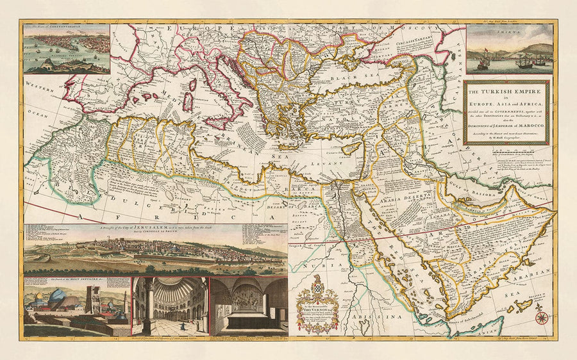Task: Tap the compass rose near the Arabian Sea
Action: [x=542, y=317]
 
